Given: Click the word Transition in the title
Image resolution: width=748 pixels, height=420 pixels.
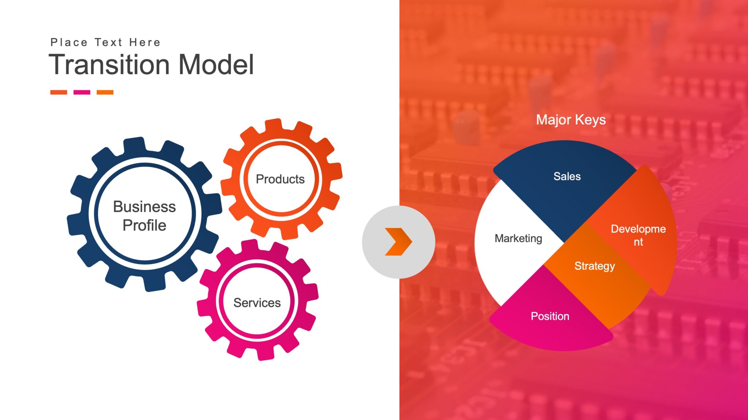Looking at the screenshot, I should (x=109, y=65).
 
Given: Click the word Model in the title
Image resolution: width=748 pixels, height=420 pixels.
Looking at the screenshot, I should (x=216, y=65).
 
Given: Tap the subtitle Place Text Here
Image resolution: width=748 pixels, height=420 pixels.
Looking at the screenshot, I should (x=105, y=43).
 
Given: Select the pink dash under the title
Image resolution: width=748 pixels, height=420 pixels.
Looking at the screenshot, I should (x=82, y=92).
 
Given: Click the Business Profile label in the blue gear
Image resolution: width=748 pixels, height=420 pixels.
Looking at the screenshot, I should (x=145, y=216).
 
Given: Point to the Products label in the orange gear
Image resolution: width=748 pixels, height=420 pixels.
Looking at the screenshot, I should (x=280, y=179).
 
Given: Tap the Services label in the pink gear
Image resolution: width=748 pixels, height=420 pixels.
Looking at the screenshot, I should (x=257, y=303).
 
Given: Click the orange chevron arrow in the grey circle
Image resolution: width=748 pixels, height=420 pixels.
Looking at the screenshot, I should (x=398, y=242).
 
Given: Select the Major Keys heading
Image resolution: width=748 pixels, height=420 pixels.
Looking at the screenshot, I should (x=571, y=120).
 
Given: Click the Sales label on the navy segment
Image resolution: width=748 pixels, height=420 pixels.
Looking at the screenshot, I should (x=567, y=176).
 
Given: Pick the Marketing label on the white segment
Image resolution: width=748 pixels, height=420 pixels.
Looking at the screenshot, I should (x=518, y=238).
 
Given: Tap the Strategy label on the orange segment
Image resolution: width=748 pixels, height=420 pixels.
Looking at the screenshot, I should (x=595, y=266).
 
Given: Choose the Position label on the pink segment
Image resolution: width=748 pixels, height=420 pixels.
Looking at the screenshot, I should (x=550, y=316).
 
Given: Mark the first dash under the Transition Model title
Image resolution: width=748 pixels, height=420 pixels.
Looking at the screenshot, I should (x=59, y=92).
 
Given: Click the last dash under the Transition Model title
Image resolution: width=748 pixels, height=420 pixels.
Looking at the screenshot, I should (x=105, y=92).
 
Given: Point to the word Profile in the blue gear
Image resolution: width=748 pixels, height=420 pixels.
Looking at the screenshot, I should (x=145, y=225).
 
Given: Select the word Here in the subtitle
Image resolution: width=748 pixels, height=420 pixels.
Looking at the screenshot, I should (x=145, y=43).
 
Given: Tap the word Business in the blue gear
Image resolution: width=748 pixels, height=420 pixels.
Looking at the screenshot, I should (x=145, y=207).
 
